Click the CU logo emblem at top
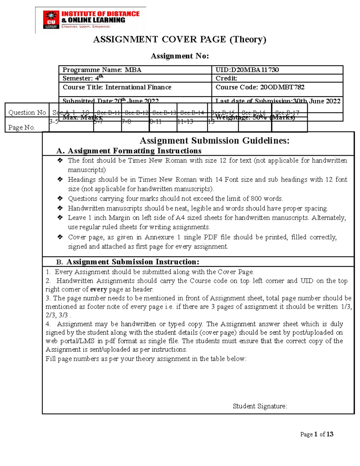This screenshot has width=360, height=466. click(51, 20)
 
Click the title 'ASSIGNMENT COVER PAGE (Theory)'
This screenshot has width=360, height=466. click(179, 40)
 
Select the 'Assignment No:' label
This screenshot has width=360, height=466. click(179, 56)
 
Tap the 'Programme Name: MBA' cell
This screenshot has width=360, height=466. click(102, 70)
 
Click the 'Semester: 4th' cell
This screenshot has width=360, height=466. click(83, 78)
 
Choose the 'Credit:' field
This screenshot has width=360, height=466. click(226, 78)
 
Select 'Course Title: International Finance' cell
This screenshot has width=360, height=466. click(117, 87)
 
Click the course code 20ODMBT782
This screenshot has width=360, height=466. click(282, 87)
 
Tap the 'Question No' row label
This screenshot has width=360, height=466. click(27, 113)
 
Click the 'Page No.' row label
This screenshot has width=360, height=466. click(22, 128)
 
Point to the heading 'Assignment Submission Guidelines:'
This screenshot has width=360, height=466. click(214, 141)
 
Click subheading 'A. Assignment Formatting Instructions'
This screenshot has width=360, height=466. click(129, 151)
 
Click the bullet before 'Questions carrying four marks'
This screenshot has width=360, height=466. click(60, 198)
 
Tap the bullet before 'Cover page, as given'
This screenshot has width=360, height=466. click(60, 237)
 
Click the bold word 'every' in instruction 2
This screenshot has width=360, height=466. click(98, 290)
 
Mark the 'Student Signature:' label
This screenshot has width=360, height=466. click(260, 406)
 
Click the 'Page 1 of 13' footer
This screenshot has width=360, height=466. click(316, 434)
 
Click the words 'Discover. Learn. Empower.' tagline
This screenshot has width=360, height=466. click(86, 26)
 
